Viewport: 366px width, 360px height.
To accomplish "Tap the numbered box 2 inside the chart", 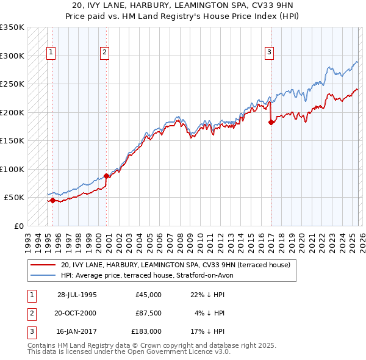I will [x=105, y=53].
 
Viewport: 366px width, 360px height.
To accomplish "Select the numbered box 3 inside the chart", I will [x=268, y=53].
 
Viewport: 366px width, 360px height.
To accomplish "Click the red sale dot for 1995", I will [x=53, y=200].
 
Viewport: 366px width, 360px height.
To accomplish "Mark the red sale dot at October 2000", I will [x=106, y=176].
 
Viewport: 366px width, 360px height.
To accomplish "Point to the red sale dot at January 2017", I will [x=271, y=122].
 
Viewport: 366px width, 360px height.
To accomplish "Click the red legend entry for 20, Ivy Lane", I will [x=177, y=265].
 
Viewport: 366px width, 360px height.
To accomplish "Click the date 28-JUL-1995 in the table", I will [x=77, y=295].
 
